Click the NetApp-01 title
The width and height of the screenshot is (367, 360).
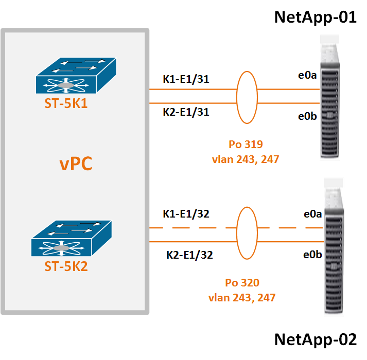pyautogui.click(x=316, y=17)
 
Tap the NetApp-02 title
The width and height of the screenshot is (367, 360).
pyautogui.click(x=316, y=340)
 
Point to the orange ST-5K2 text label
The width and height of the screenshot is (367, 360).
pyautogui.click(x=73, y=267)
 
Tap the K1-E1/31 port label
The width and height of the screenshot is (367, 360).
pyautogui.click(x=186, y=79)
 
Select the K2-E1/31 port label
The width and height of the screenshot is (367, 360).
pyautogui.click(x=186, y=111)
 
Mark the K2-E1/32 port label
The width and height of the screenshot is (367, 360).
pyautogui.click(x=189, y=254)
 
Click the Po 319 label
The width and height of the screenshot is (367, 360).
pyautogui.click(x=245, y=145)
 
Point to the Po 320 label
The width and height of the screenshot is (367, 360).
pyautogui.click(x=242, y=282)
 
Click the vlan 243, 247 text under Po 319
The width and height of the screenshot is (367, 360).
pyautogui.click(x=245, y=159)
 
